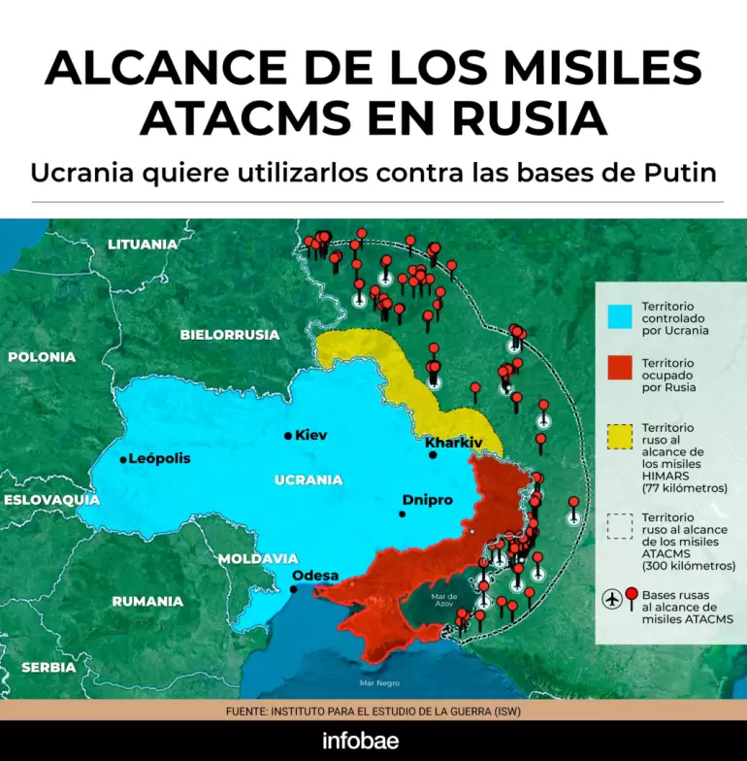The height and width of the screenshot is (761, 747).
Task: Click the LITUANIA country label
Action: point(143,245)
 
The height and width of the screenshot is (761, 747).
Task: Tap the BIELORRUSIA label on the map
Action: point(230,335)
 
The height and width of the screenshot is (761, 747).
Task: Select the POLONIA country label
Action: point(42,357)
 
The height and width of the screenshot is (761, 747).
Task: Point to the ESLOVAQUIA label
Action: point(50,500)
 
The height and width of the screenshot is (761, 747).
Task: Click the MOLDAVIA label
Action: point(257,559)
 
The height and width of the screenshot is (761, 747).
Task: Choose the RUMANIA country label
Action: point(147,602)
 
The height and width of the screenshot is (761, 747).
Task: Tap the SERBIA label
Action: point(49,668)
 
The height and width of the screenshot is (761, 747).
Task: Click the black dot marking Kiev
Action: point(288,436)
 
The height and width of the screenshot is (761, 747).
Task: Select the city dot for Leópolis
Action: point(123,459)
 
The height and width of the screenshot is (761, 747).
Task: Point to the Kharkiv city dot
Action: point(433,454)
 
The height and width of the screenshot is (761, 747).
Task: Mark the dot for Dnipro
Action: point(402,513)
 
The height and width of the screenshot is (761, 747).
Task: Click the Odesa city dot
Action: point(294,588)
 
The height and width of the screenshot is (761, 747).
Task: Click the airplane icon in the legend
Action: point(612,600)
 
